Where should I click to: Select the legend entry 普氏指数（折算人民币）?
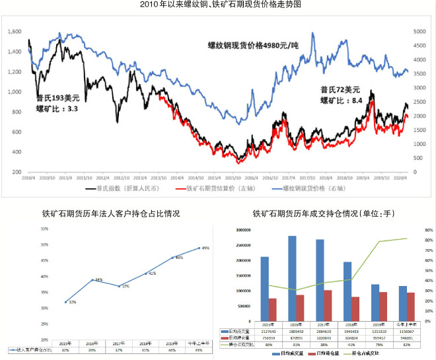(115, 189)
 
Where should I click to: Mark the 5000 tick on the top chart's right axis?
(420, 31)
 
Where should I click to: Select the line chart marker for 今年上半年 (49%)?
(200, 248)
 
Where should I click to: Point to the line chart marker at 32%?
(66, 302)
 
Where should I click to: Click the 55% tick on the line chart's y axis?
(44, 229)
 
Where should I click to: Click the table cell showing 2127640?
(264, 330)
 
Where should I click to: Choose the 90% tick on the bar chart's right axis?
(428, 230)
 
